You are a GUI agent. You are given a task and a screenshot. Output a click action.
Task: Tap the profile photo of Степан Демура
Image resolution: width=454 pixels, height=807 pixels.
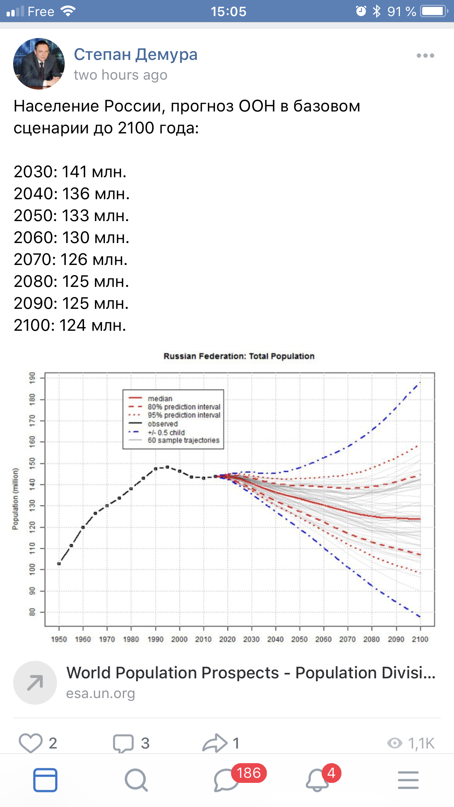(39, 64)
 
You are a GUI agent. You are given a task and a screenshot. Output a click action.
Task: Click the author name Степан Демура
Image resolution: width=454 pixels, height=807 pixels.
(136, 54)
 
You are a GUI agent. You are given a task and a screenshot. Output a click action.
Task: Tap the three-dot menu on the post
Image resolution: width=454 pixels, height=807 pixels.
(425, 56)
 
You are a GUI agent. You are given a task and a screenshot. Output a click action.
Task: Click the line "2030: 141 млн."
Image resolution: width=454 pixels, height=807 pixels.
(70, 172)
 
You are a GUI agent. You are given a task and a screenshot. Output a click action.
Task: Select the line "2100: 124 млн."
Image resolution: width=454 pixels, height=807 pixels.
(70, 325)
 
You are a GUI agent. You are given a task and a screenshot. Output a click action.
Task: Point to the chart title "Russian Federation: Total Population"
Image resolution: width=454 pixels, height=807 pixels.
(239, 356)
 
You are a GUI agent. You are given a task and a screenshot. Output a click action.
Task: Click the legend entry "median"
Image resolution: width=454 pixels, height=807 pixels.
(160, 398)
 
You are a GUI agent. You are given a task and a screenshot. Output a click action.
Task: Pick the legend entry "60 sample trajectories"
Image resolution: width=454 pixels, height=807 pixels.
(183, 440)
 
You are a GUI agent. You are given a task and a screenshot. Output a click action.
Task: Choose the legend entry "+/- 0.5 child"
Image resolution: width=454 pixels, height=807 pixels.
(166, 432)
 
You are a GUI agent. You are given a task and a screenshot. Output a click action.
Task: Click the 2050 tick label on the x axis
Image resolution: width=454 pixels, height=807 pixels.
(299, 639)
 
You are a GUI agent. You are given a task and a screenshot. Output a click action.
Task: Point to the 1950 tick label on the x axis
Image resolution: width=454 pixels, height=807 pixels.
(59, 639)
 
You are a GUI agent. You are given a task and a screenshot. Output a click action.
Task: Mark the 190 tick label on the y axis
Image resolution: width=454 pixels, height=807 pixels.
(33, 378)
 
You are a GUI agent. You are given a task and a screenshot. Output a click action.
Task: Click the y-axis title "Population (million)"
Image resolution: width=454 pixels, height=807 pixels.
(15, 499)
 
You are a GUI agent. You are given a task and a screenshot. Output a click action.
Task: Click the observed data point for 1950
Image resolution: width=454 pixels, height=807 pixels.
(59, 564)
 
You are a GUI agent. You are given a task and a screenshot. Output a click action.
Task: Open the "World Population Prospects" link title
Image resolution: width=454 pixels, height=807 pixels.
(251, 673)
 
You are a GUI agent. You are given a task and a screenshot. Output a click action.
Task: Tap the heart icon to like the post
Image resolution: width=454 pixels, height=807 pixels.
(30, 743)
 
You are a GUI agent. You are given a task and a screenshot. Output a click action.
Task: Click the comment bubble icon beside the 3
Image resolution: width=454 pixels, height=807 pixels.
(123, 743)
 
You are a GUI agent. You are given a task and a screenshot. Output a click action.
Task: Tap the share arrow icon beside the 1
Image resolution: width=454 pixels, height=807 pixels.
(215, 743)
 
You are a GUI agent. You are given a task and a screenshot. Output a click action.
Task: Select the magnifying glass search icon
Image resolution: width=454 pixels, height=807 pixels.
(136, 780)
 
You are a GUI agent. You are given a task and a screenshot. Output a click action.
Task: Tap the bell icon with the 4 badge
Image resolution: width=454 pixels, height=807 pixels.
(317, 781)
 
